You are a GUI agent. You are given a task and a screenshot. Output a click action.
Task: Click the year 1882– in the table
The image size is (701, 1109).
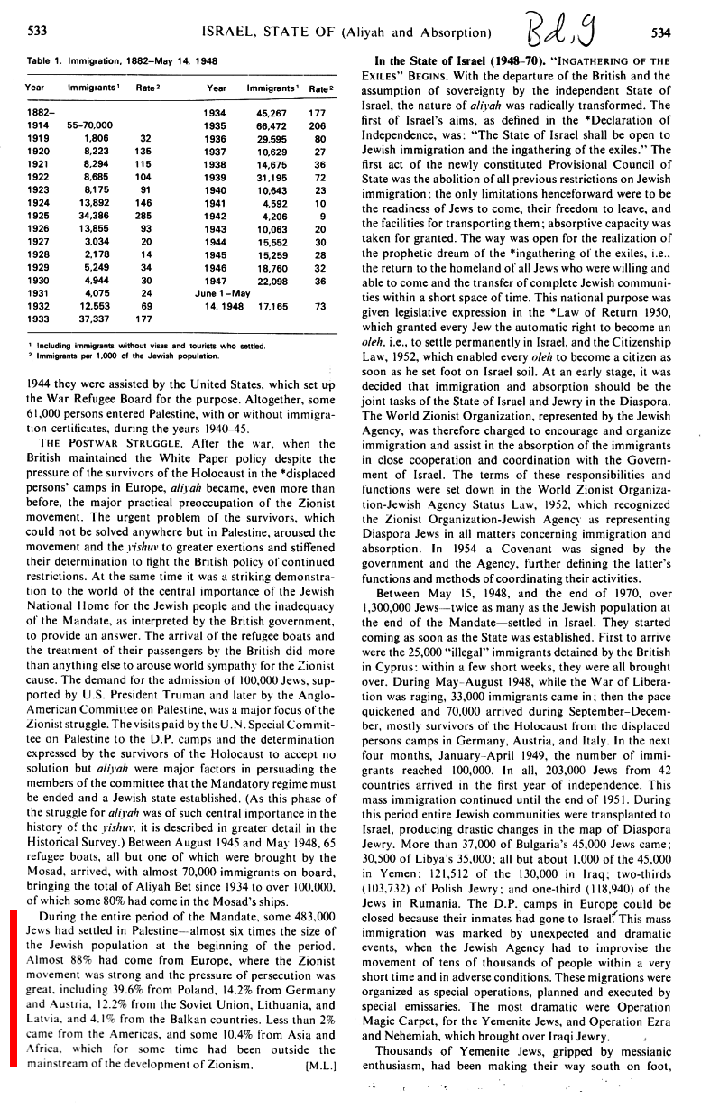[x=38, y=114]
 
